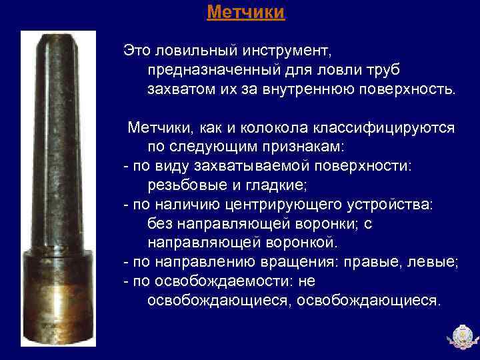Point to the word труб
tap(383, 69)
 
